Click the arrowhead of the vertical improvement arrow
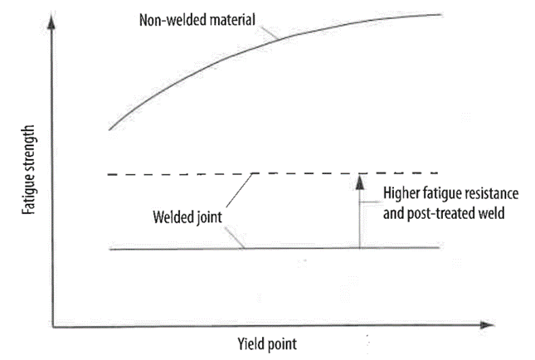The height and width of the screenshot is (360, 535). coord(359,178)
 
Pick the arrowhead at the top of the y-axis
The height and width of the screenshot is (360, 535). coord(53,20)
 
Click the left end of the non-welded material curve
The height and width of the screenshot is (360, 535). coord(109,129)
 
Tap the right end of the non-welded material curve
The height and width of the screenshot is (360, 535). coord(439,14)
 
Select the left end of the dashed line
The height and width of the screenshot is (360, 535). coord(110,173)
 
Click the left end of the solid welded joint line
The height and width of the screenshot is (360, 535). coord(110,248)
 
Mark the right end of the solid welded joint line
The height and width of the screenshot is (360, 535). coord(439,248)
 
